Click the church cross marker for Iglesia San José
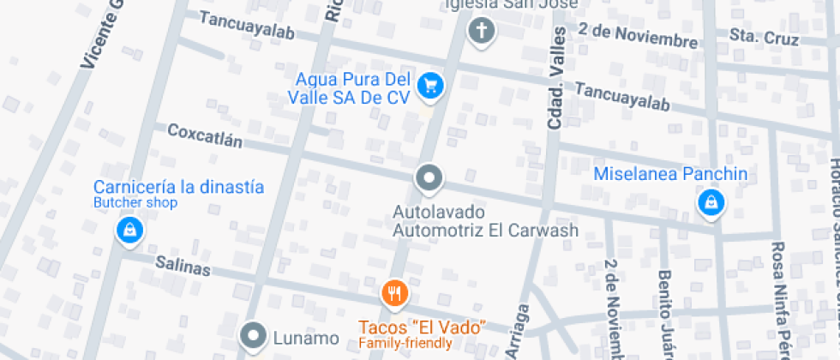(x=482, y=32)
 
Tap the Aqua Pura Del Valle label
(x=352, y=88)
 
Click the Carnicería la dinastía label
(x=178, y=187)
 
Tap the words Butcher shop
(x=135, y=203)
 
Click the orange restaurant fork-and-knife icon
(x=394, y=294)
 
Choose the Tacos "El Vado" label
(x=423, y=327)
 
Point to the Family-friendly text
(x=405, y=344)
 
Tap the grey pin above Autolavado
(x=429, y=178)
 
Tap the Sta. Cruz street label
(x=764, y=38)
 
